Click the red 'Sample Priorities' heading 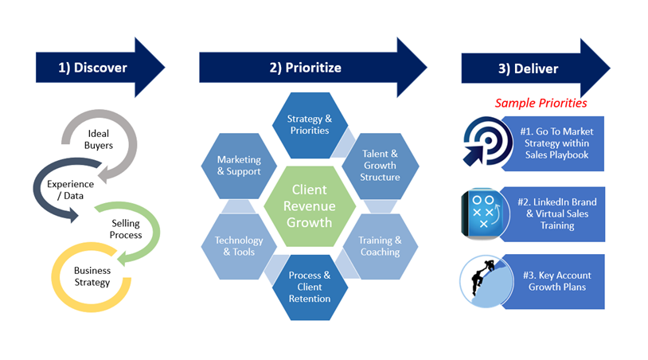point(541,103)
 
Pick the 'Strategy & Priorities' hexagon point(310,125)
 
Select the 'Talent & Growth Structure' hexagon point(380,165)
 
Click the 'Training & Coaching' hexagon point(380,246)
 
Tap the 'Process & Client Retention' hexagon point(310,287)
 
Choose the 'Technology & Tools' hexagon point(239,246)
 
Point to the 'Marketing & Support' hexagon point(239,166)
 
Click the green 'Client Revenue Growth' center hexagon point(310,205)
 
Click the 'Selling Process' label point(126,229)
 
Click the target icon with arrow point(483,143)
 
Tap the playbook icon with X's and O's point(482,214)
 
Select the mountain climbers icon point(482,282)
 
